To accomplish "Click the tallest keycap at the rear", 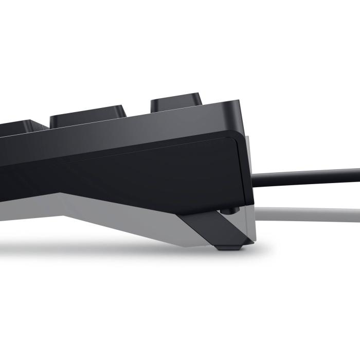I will (176, 102).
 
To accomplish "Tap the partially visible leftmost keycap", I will (21, 127).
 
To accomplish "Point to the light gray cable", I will (309, 211).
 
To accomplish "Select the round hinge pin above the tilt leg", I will (228, 210).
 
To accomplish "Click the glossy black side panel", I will (154, 175).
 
